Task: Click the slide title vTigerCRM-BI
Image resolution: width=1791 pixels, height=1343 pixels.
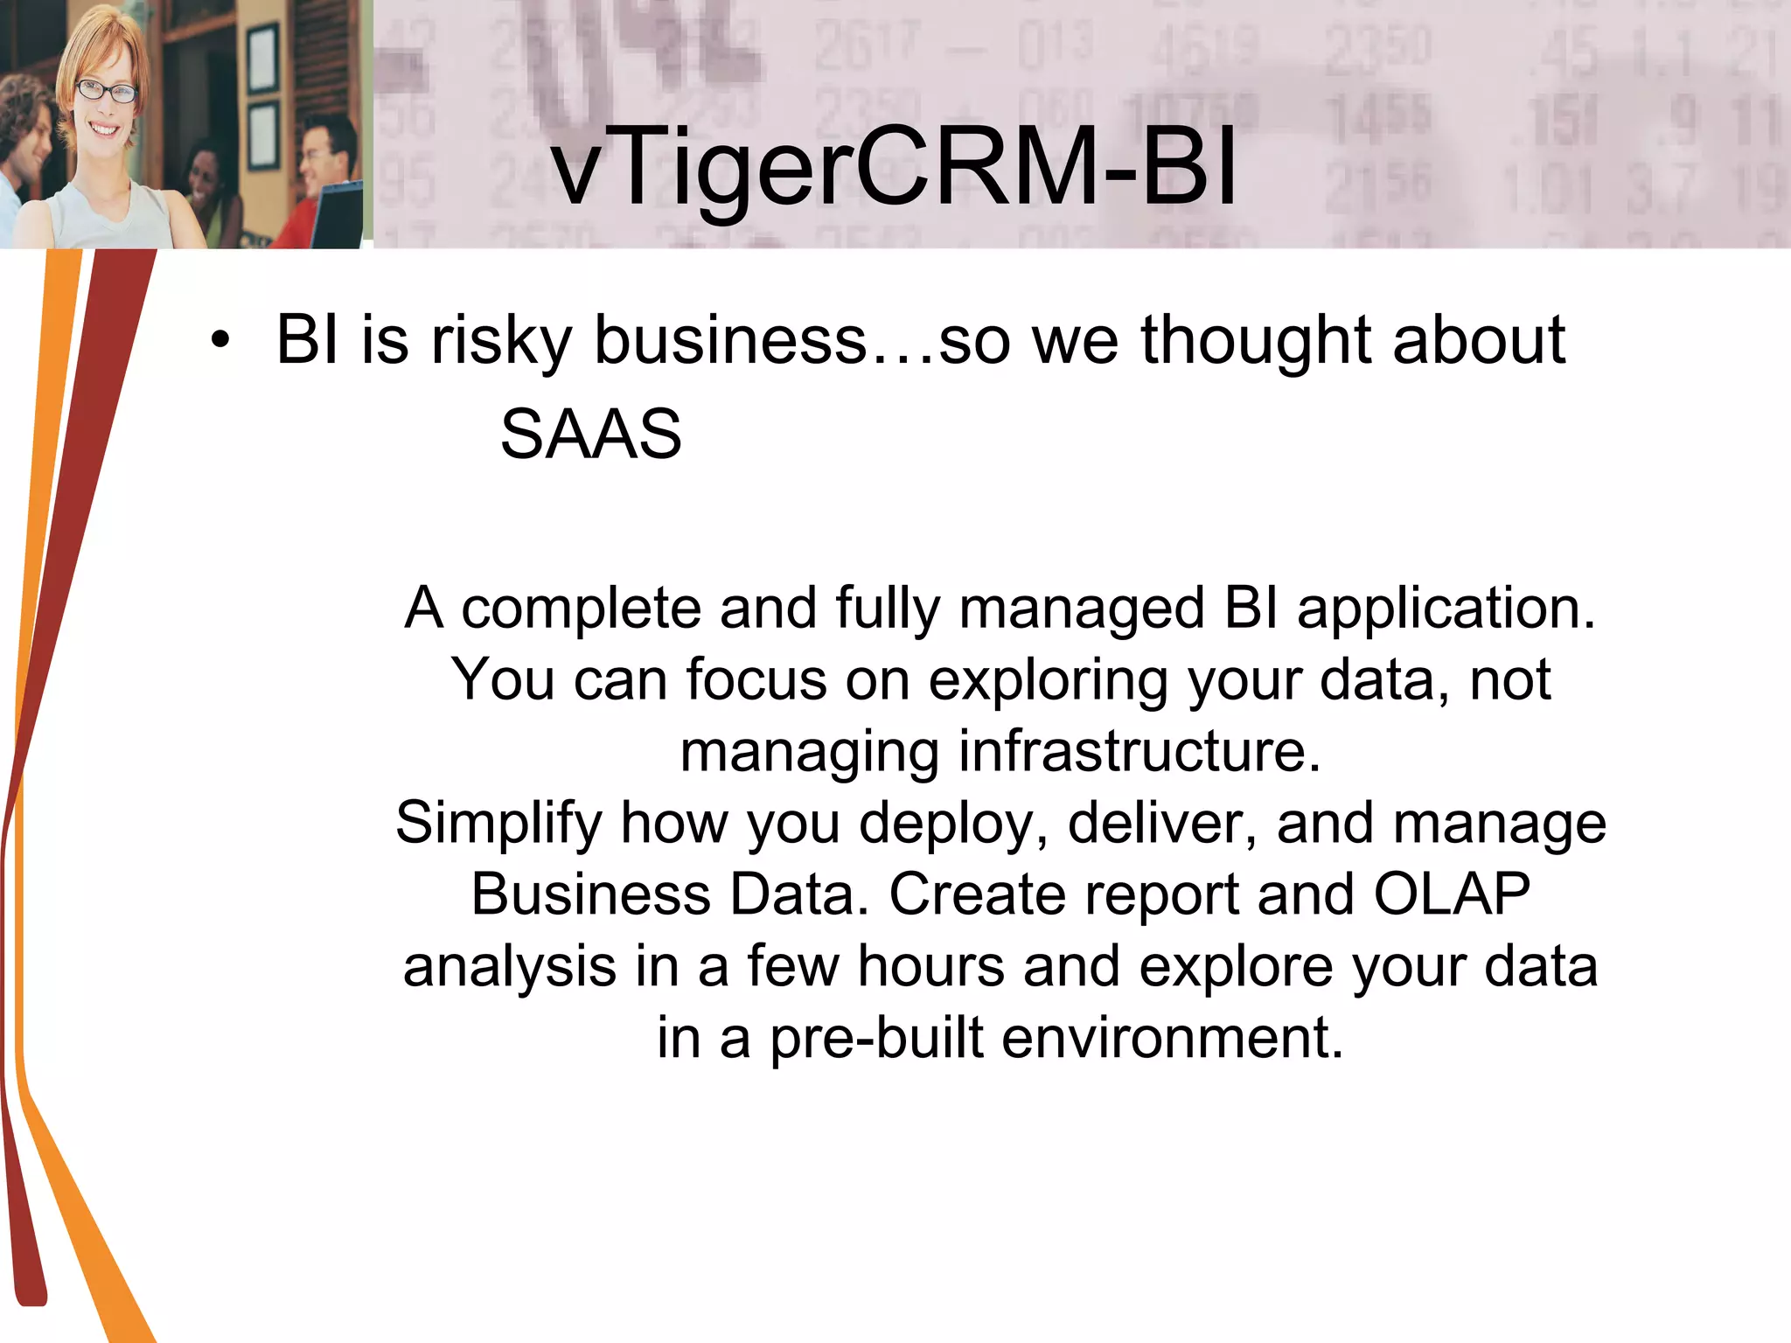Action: [x=894, y=166]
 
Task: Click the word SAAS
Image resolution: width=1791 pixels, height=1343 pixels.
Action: [x=590, y=435]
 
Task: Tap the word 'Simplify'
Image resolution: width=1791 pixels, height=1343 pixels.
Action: [x=498, y=825]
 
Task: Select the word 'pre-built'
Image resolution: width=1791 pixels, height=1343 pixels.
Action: [x=876, y=1040]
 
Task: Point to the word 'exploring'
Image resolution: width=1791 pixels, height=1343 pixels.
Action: [x=1048, y=681]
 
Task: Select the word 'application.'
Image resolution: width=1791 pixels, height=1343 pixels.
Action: [x=1446, y=609]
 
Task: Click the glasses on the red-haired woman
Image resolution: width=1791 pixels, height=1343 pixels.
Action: [x=107, y=91]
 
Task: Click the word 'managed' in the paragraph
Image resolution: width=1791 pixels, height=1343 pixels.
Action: [x=1082, y=609]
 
